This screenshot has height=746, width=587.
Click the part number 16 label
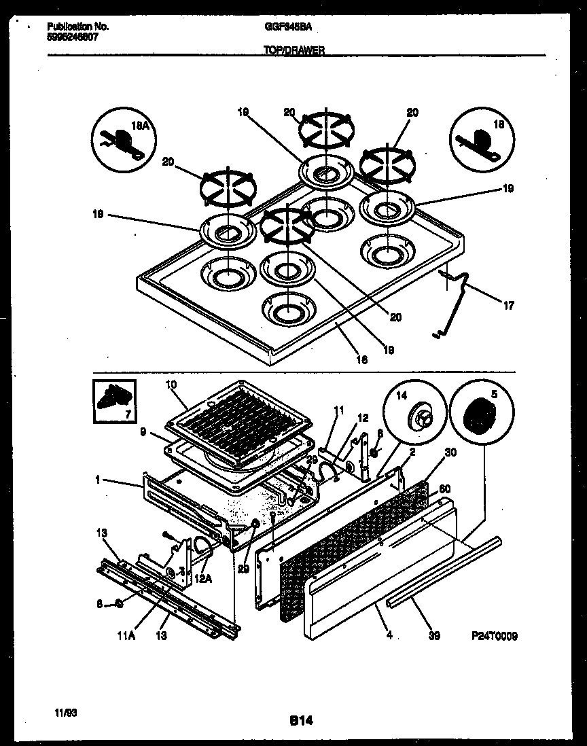(362, 360)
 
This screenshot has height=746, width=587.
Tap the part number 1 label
(99, 480)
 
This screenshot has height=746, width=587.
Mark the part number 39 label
(434, 636)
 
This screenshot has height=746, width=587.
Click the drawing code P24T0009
(495, 636)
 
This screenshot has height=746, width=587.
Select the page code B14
(294, 721)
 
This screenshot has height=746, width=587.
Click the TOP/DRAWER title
(293, 50)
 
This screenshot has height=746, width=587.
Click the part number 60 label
(445, 489)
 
